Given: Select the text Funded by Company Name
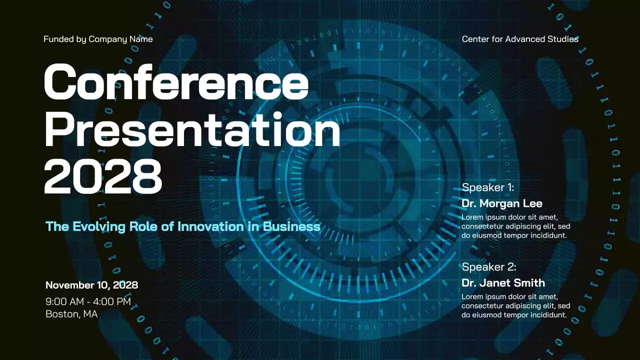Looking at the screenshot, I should click(98, 39).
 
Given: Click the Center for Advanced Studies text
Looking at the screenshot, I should click(520, 39).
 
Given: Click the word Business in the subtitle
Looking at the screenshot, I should click(291, 226).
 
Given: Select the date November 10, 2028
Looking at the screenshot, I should click(91, 285).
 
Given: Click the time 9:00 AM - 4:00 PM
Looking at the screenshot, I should click(88, 301).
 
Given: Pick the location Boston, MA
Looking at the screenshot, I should click(71, 314).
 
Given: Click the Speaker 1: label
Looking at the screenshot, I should click(487, 187).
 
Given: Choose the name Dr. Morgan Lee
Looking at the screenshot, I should click(501, 203).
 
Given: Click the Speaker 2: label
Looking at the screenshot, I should click(488, 266).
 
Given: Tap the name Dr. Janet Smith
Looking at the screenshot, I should click(503, 282).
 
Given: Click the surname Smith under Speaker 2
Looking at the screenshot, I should click(530, 282).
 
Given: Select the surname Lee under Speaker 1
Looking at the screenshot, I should click(532, 203).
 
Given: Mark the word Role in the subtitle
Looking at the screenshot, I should click(145, 226).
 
